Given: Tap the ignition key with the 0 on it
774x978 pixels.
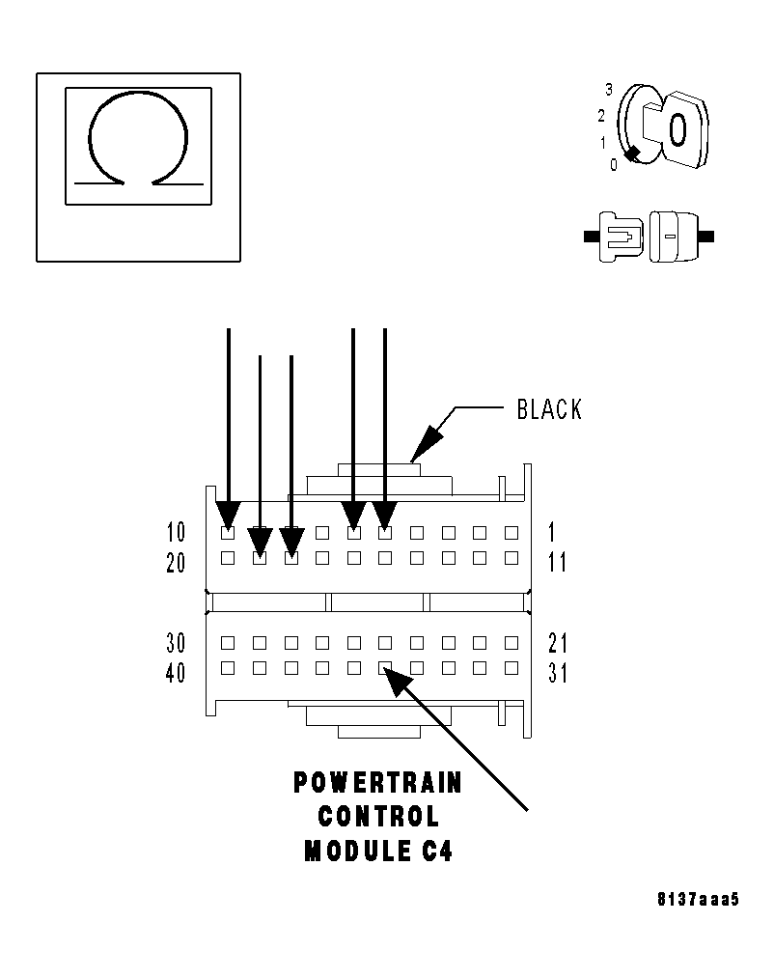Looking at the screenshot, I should pos(677,127).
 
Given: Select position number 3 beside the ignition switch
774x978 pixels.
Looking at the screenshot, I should pos(609,90).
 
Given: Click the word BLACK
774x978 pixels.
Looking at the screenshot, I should pos(549,409).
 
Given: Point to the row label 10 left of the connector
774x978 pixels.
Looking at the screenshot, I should pos(176,532).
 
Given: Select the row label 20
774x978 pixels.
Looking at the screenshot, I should pos(176,563).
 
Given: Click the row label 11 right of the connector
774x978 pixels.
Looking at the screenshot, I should pos(557,563).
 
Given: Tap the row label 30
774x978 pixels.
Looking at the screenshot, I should pos(176,643).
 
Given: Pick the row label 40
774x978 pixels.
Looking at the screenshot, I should pos(176,672).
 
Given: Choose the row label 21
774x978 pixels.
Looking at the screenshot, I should pos(558,643).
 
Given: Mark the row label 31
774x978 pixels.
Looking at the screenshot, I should pos(558,673).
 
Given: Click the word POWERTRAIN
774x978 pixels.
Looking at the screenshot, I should pos(377,783).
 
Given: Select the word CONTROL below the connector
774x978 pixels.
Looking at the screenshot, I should pos(377,817).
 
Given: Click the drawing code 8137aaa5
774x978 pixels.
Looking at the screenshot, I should pos(697,900).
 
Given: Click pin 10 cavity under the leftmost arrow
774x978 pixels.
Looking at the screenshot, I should pos(228,532).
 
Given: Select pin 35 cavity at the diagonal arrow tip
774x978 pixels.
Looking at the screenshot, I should pos(385,668).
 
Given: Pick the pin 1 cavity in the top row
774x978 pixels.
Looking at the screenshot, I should pos(511,532).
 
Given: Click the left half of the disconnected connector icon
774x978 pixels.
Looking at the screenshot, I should pos(619,236).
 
